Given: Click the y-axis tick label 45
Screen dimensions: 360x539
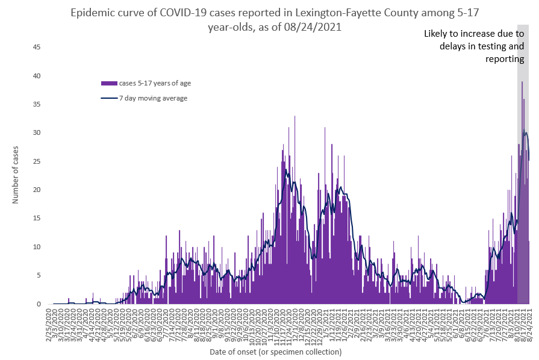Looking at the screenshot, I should (36, 47).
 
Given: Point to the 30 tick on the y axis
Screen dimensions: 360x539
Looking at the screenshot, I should (36, 132).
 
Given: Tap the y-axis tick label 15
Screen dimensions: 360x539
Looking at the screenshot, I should (36, 218).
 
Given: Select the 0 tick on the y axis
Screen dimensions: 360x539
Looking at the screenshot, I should (38, 304).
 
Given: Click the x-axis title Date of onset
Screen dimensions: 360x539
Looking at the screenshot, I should (275, 352).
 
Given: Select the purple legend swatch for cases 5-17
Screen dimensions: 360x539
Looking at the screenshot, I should (108, 83).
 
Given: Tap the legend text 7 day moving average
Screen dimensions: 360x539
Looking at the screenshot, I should (153, 98).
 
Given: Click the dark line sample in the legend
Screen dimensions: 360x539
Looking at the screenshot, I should (108, 98).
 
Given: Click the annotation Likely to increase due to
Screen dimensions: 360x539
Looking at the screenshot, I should (474, 34).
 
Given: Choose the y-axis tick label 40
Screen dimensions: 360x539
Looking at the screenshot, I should (36, 75).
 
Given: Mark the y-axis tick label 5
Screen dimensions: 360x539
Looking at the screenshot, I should (38, 275).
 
